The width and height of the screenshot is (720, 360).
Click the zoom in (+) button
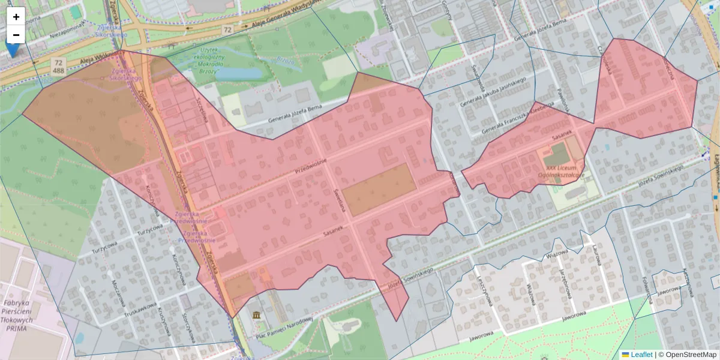pyautogui.click(x=16, y=17)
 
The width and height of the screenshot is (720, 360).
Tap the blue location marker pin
pyautogui.click(x=11, y=48)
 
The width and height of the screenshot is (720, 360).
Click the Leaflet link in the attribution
pyautogui.click(x=641, y=355)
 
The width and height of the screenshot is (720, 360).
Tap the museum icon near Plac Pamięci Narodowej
pyautogui.click(x=257, y=316)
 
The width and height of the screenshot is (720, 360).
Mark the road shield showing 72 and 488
pyautogui.click(x=58, y=65)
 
